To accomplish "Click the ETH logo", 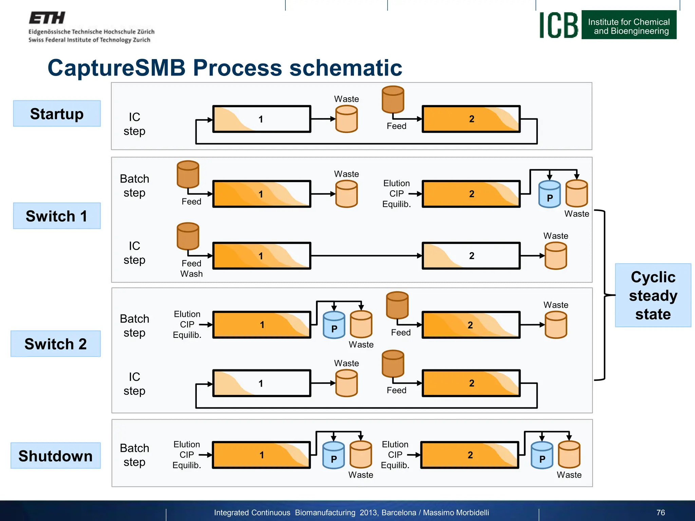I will tap(47, 18).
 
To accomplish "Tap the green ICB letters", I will tap(559, 25).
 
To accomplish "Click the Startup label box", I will tap(57, 114).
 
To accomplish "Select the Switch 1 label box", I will tap(57, 216).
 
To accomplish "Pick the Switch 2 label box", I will tap(56, 344).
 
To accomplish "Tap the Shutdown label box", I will tap(56, 456).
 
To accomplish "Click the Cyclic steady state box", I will tap(653, 295).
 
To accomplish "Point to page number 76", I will tap(660, 513).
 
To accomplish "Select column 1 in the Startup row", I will tap(261, 119).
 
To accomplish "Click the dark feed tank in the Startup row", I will tap(393, 99).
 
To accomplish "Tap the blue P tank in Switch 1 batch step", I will tap(549, 194).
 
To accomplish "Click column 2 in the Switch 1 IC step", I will tap(471, 256).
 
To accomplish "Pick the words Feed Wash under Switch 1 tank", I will tap(191, 269).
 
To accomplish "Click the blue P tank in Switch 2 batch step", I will tap(334, 325).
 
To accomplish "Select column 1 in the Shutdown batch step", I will tap(261, 455).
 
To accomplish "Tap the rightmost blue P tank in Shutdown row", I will tap(542, 456).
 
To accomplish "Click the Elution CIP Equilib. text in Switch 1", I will tap(396, 194).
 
